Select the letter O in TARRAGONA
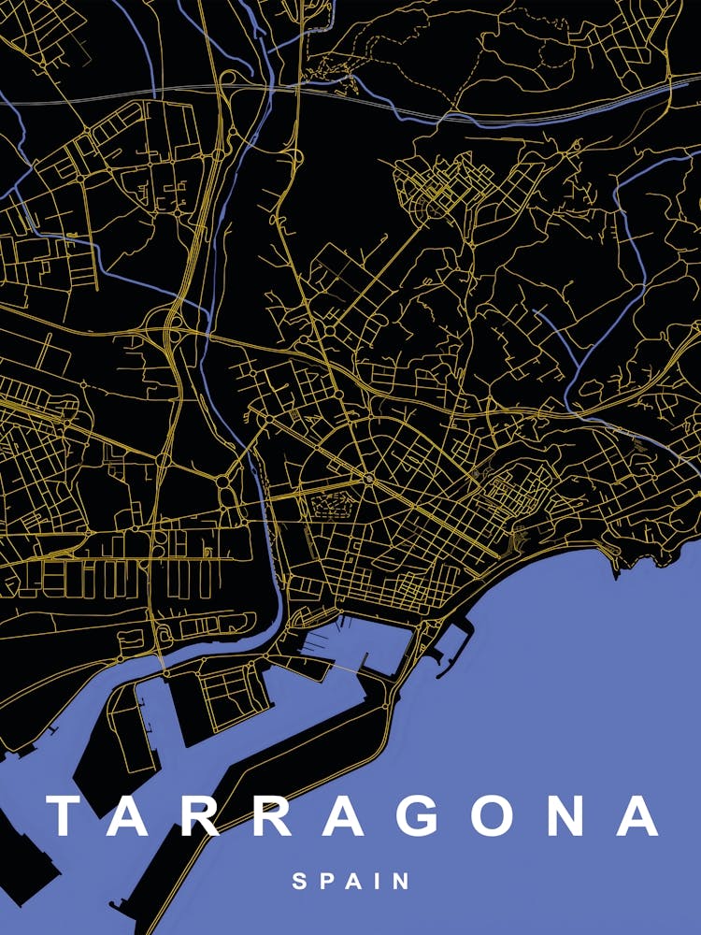502,815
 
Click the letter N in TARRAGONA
571,815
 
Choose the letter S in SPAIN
299,881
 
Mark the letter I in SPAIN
378,881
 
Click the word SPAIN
350,881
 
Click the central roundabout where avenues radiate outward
369,479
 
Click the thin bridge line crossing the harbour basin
346,669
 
